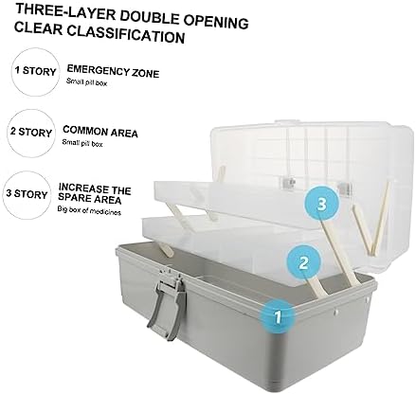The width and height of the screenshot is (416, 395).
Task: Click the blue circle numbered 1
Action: [278, 317]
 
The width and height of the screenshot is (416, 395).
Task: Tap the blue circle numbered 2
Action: [303, 262]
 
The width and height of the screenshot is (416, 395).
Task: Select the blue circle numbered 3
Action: [322, 204]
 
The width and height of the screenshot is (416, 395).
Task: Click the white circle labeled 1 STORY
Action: [35, 72]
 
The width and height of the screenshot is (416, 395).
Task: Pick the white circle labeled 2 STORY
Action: [30, 133]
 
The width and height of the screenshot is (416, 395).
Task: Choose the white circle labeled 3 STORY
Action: [27, 194]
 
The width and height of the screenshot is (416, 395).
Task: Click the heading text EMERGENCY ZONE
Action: [113, 71]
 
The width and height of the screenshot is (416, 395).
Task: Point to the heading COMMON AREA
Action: [100, 131]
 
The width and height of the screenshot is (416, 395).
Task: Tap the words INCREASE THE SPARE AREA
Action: [95, 193]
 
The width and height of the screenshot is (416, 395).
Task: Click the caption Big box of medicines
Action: [89, 210]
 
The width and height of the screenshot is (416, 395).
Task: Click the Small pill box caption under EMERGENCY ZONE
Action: [86, 82]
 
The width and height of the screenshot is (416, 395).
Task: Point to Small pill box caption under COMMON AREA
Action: [82, 143]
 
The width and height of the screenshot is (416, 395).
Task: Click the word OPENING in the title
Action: [216, 21]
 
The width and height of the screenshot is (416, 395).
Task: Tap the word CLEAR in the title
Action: [38, 28]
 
